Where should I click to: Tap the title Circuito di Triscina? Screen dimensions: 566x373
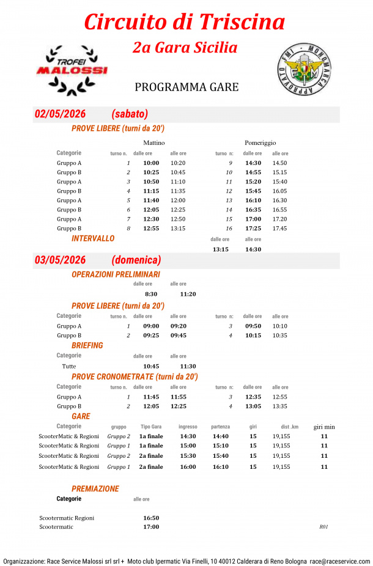[x=184, y=22]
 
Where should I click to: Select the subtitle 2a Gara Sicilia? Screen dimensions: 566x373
[x=185, y=47]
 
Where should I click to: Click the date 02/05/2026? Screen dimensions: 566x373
[x=60, y=114]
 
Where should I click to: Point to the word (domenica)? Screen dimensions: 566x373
[x=136, y=260]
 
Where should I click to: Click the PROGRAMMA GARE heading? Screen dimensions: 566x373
[x=186, y=87]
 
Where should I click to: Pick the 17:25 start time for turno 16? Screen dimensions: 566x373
[x=253, y=229]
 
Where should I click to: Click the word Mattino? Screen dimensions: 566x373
[x=153, y=142]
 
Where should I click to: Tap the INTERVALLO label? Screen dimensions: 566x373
[x=93, y=238]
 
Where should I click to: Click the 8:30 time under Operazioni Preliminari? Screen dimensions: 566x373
[x=151, y=294]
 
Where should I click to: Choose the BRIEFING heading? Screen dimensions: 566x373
[x=87, y=345]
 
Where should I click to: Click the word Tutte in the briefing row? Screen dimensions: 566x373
[x=69, y=366]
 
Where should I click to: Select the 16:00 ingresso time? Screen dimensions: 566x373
[x=188, y=466]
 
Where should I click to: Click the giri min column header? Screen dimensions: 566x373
[x=324, y=427]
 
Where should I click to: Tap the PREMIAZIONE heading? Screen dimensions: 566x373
[x=95, y=489]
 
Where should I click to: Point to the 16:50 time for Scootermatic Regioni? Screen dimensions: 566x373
[x=151, y=518]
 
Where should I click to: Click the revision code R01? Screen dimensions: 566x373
[x=323, y=527]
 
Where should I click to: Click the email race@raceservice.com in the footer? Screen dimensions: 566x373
[x=339, y=560]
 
